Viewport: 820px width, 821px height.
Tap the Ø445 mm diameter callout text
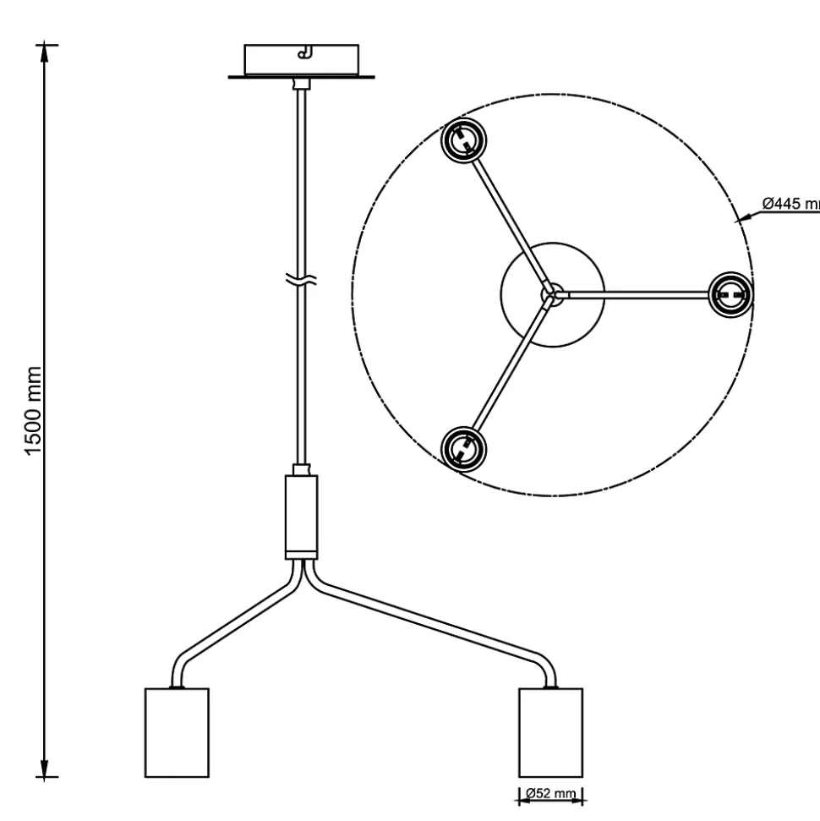pyautogui.click(x=790, y=204)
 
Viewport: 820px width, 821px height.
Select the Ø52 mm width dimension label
pyautogui.click(x=550, y=794)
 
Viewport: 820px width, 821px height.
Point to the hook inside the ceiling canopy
pyautogui.click(x=304, y=54)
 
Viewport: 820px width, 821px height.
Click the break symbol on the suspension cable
pyautogui.click(x=301, y=282)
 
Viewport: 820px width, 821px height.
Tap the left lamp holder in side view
pyautogui.click(x=177, y=732)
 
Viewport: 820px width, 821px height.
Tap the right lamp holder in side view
pyautogui.click(x=550, y=732)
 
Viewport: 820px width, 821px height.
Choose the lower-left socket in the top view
pyautogui.click(x=463, y=446)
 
